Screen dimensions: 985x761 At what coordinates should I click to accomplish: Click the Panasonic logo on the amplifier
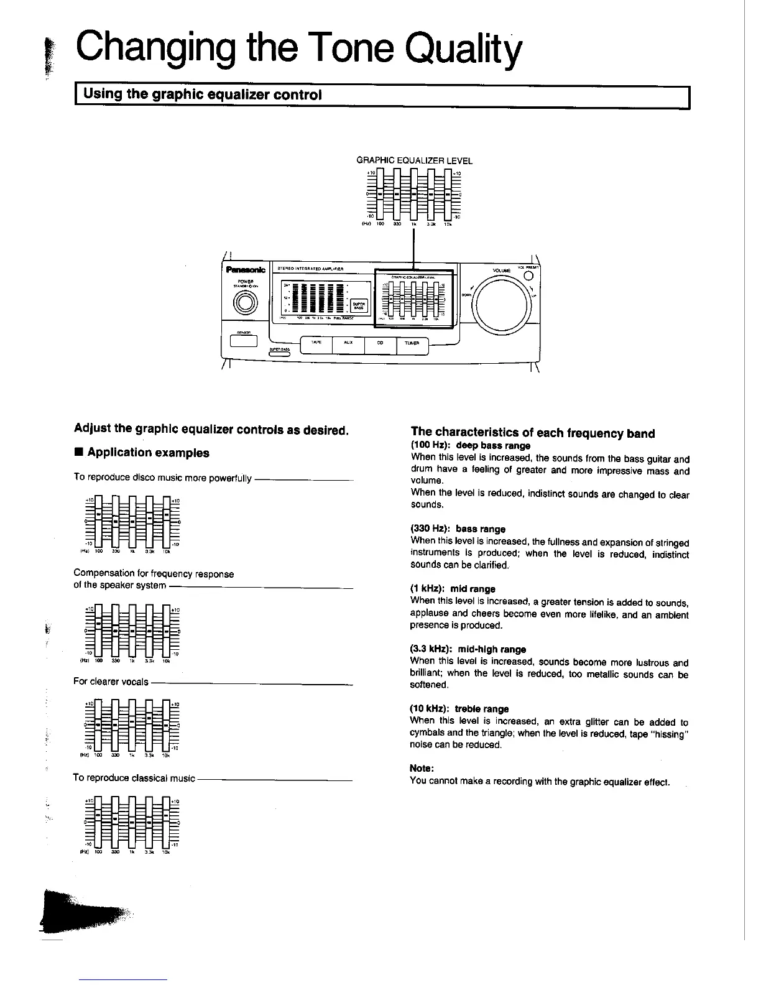(245, 269)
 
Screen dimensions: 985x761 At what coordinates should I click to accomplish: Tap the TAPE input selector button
(316, 342)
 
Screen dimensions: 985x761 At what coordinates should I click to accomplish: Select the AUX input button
(348, 342)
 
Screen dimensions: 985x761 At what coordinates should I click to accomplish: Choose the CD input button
(380, 342)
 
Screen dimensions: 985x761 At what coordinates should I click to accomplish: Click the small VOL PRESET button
(527, 276)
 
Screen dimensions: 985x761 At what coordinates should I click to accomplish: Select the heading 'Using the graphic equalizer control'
(203, 95)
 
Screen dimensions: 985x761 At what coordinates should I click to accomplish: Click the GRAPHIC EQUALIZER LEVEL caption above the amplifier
(414, 160)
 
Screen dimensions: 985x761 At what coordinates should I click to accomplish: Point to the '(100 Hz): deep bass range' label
(471, 446)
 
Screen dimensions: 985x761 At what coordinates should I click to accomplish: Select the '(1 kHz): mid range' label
(453, 588)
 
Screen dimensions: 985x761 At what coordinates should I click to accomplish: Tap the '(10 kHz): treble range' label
(459, 708)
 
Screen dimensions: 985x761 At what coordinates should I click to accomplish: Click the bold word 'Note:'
(422, 769)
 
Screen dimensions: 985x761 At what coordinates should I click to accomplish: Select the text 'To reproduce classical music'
(134, 778)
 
